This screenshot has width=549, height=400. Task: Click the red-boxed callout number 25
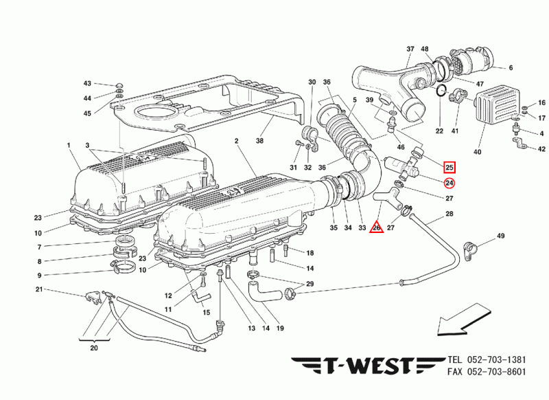[x=449, y=167]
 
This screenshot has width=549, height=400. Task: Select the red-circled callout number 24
[x=449, y=183]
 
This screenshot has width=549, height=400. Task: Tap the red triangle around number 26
[x=376, y=225]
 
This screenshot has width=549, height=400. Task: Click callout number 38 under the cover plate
[x=260, y=141]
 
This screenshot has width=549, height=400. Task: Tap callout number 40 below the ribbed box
[x=478, y=152]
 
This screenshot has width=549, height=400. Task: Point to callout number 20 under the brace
[x=94, y=348]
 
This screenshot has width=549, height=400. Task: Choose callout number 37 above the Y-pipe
[x=410, y=49]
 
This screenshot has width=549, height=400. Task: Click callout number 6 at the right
[x=511, y=68]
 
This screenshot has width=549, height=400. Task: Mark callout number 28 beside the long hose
[x=449, y=214]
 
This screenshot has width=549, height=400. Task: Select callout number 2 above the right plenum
[x=235, y=141]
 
